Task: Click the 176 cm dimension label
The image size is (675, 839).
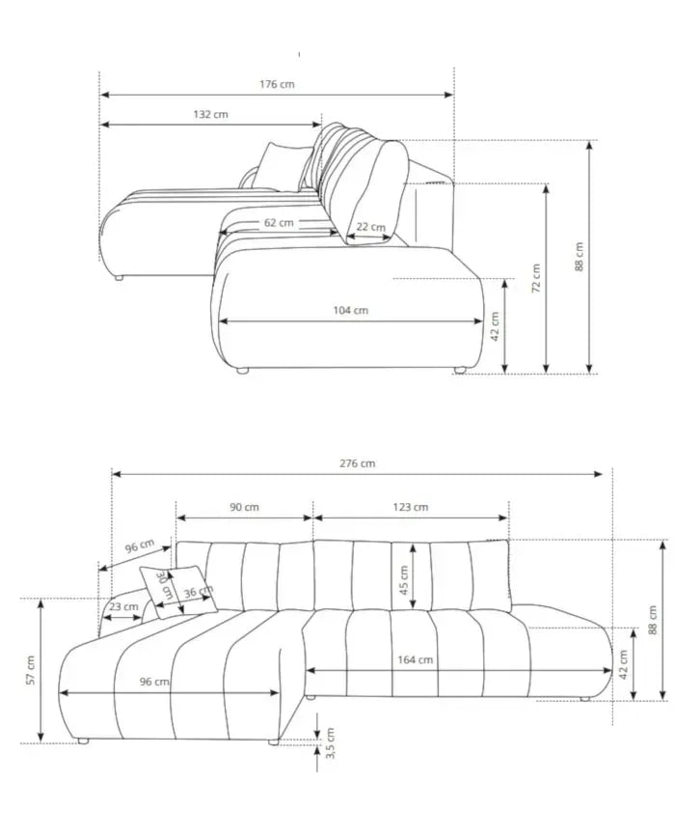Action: (x=277, y=84)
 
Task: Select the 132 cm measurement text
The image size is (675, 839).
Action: (x=210, y=114)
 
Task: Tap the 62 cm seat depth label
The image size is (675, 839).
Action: (x=278, y=222)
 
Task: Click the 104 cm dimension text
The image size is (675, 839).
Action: (x=350, y=310)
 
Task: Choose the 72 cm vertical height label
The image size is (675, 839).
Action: (x=536, y=278)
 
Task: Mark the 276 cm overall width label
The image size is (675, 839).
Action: (x=358, y=463)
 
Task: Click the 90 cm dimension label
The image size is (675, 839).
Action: (x=245, y=507)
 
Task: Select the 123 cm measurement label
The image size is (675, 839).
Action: (x=412, y=507)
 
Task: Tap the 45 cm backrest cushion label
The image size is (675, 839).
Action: (x=404, y=579)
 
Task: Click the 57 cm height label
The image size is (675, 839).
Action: (x=30, y=670)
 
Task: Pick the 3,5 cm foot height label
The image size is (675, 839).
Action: (x=330, y=743)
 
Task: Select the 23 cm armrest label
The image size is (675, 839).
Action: (x=122, y=607)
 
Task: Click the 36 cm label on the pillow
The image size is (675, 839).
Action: (x=198, y=592)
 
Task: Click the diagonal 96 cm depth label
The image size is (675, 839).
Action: (x=139, y=546)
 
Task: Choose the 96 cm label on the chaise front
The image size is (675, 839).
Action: (x=154, y=682)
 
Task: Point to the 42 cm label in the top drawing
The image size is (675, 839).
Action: (x=494, y=326)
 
